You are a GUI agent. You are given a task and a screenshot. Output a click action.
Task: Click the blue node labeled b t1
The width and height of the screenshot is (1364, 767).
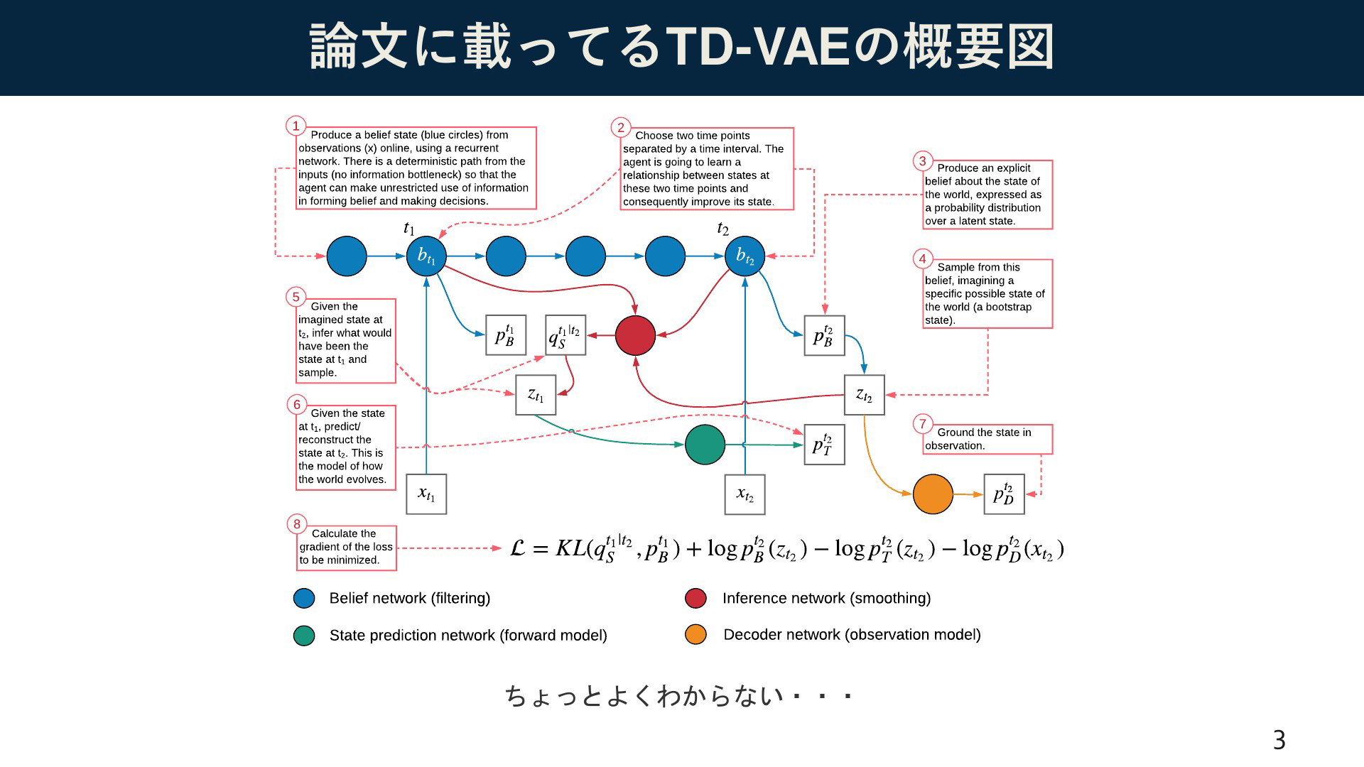[426, 256]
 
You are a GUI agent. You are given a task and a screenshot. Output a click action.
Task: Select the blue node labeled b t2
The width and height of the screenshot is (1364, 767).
[745, 256]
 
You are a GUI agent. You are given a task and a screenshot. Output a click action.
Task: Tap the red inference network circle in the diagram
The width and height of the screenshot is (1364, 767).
[635, 335]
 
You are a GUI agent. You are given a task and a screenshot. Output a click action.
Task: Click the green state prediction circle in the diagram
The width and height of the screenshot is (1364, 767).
[705, 445]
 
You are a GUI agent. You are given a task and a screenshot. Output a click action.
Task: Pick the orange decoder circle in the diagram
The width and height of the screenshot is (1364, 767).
[933, 494]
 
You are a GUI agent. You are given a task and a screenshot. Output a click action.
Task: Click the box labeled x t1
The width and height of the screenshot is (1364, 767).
[426, 494]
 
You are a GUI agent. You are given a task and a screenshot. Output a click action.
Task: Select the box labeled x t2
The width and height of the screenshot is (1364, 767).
[745, 494]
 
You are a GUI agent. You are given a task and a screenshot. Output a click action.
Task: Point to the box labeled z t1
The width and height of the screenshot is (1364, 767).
[536, 395]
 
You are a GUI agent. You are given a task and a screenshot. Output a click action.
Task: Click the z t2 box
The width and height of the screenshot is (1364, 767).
[864, 395]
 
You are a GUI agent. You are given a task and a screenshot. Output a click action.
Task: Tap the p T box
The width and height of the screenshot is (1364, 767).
[824, 445]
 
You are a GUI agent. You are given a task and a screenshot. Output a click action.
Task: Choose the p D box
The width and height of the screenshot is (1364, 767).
[1004, 494]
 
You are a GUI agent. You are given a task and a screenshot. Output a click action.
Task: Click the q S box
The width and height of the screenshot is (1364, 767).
[565, 335]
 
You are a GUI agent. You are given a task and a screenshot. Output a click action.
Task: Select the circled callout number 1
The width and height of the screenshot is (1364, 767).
[296, 126]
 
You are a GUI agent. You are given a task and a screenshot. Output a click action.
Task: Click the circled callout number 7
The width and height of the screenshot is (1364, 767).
[923, 424]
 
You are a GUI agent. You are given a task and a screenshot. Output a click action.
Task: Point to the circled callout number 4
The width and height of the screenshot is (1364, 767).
[923, 259]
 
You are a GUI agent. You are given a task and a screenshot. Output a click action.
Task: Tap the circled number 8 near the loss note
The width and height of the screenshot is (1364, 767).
[297, 524]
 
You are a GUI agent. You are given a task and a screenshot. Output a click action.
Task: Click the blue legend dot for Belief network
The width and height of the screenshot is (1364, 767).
[304, 598]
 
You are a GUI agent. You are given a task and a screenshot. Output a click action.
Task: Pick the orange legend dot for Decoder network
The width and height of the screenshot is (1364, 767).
[695, 634]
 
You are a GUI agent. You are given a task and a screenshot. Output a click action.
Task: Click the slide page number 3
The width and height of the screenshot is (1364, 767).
[1279, 740]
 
